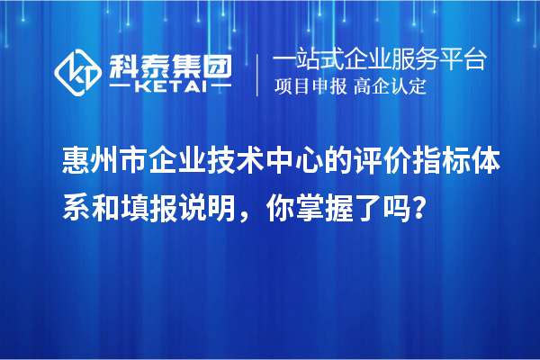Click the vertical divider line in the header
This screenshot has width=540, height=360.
click(258, 74)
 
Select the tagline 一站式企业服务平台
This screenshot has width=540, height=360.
click(378, 60)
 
